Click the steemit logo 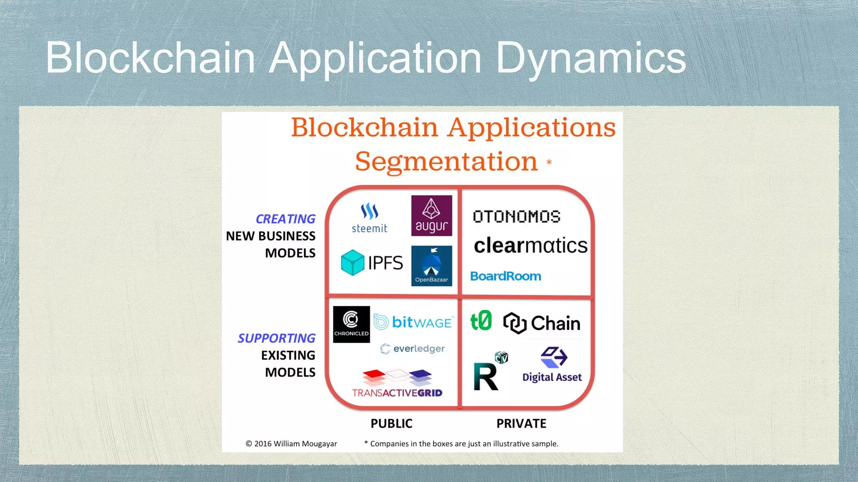[370, 218]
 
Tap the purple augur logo [432, 215]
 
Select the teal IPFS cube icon [353, 262]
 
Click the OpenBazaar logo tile [432, 266]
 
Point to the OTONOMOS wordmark [517, 216]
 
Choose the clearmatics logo [530, 246]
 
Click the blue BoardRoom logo [506, 276]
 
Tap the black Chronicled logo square [351, 324]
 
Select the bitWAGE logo [413, 322]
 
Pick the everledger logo [413, 349]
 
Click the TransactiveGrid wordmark [397, 393]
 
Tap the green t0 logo [481, 321]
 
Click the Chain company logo [542, 323]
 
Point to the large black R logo [486, 377]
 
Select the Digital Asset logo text [552, 377]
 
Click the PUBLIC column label [391, 423]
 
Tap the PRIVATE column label [521, 423]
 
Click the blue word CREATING [285, 219]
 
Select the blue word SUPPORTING [277, 338]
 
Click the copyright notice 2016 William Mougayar [291, 444]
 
